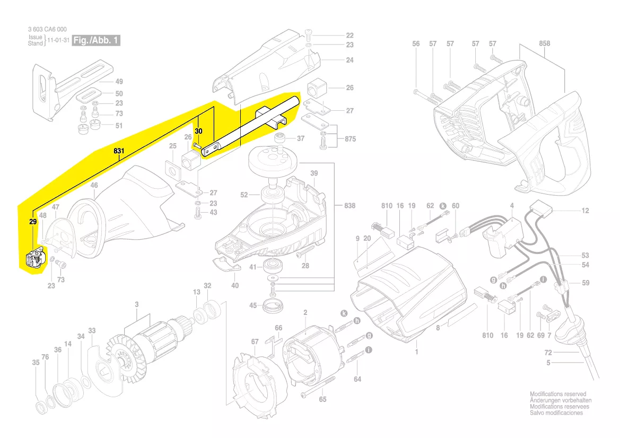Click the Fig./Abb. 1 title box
click(x=96, y=40)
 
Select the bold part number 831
click(x=119, y=151)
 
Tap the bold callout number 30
click(x=198, y=132)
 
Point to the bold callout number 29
click(x=33, y=222)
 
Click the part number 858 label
click(x=545, y=43)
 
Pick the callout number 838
click(x=350, y=206)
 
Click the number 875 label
click(x=350, y=139)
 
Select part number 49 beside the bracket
click(x=119, y=82)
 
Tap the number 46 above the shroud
click(x=94, y=185)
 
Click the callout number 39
click(x=314, y=173)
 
